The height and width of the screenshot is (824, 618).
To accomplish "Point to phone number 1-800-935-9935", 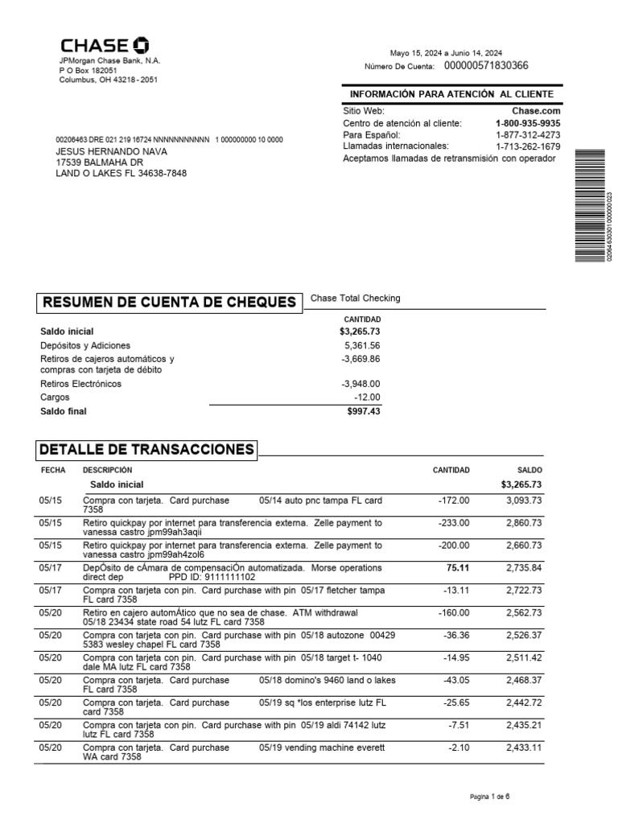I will point(528,123).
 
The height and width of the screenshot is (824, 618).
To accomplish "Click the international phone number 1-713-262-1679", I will point(528,146).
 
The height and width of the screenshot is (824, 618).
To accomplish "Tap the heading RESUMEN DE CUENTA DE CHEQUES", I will point(168,303).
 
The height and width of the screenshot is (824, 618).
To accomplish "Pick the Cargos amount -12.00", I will point(367,398).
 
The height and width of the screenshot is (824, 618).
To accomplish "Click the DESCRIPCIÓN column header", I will point(107,470).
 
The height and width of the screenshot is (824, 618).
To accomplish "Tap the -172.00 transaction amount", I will point(454,501).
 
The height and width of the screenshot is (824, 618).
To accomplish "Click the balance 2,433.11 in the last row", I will point(524,748).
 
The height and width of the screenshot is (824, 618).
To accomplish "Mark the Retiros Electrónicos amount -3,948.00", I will point(360,385).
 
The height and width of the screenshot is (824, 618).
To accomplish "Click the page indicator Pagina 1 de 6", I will point(489,797).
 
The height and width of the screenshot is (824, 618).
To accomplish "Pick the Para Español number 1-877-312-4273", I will point(528,135).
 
